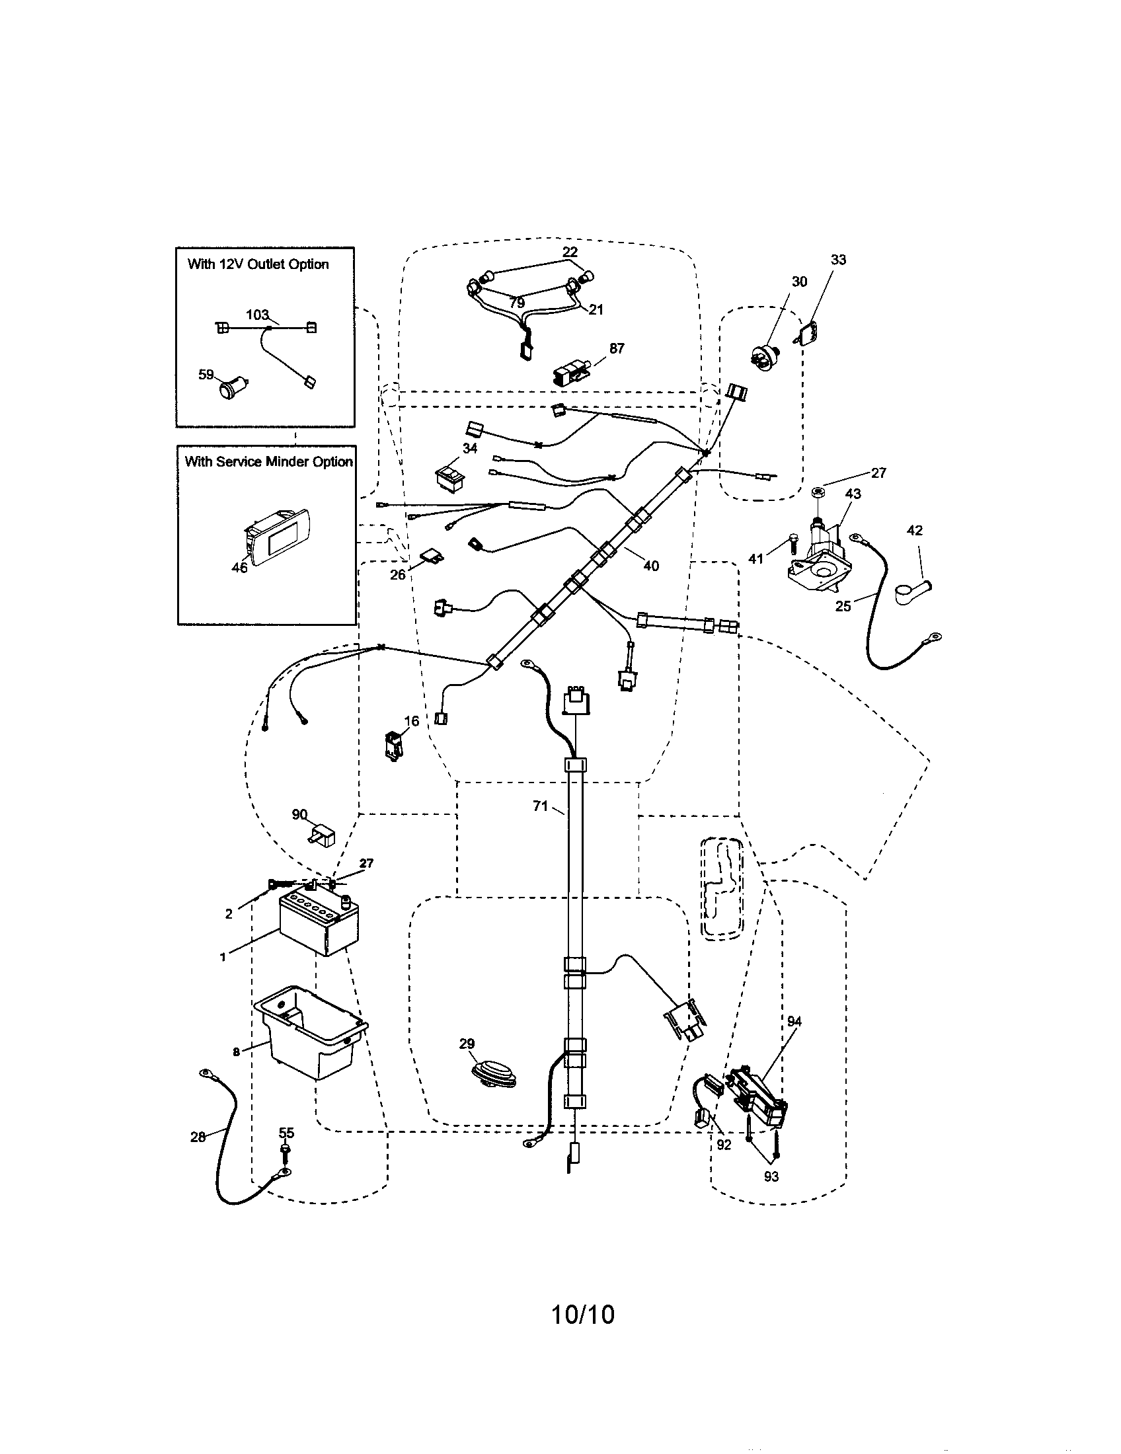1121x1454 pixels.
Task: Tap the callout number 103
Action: click(257, 315)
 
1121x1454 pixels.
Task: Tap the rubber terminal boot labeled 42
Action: click(911, 590)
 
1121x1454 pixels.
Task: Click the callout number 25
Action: click(843, 606)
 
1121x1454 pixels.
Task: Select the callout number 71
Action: click(539, 806)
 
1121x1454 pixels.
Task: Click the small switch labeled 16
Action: click(393, 744)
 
